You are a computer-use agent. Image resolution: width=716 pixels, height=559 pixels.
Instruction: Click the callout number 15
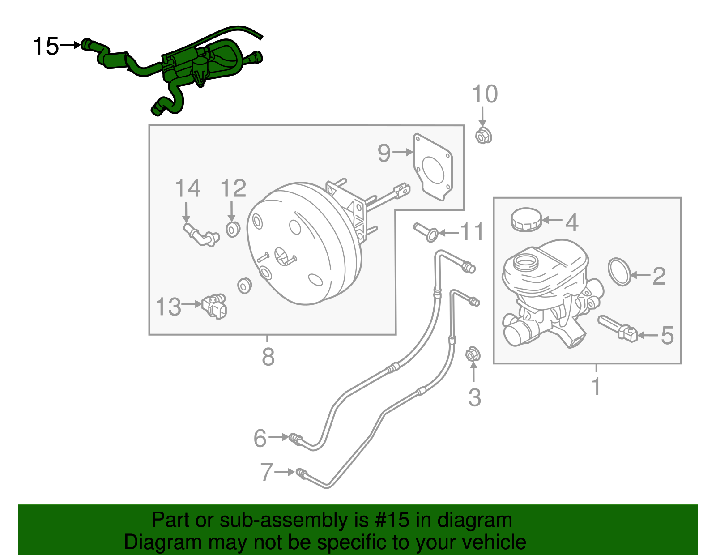tap(46, 46)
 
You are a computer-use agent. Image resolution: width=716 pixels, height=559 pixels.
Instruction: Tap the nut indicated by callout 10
tap(483, 135)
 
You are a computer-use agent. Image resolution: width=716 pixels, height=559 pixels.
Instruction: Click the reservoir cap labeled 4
tap(526, 219)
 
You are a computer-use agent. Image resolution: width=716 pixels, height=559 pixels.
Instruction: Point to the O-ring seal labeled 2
tap(620, 271)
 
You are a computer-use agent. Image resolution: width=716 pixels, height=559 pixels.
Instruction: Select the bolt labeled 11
tap(425, 232)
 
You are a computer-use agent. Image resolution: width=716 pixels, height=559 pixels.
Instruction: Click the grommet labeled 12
tap(232, 229)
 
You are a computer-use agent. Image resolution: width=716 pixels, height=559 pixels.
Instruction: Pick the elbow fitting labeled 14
tap(201, 235)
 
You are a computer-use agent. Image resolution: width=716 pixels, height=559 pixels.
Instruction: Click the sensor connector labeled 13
tap(215, 306)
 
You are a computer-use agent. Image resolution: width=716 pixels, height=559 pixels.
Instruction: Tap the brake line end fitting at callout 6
tap(295, 438)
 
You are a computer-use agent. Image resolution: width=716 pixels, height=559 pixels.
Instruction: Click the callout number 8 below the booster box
tap(268, 357)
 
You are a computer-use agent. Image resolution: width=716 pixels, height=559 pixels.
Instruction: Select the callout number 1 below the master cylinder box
tap(596, 386)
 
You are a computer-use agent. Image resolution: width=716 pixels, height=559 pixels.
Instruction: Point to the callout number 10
tap(485, 94)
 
